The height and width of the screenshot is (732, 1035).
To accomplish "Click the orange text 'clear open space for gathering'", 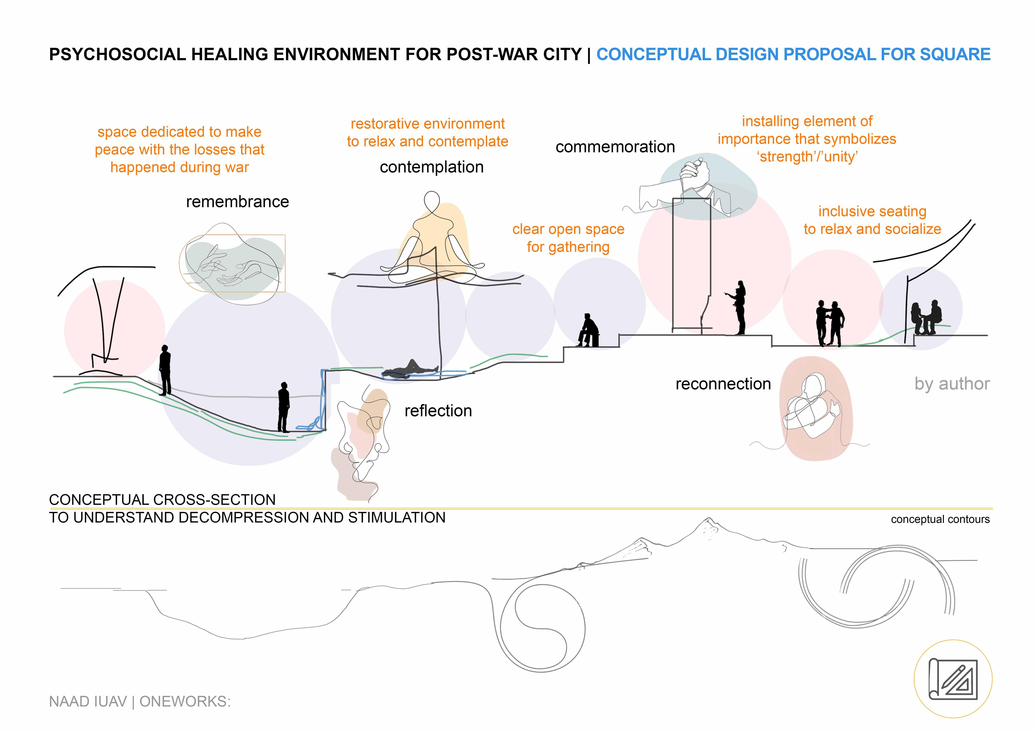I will (568, 238).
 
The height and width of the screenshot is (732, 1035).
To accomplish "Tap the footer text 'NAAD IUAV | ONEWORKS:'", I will (140, 701).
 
